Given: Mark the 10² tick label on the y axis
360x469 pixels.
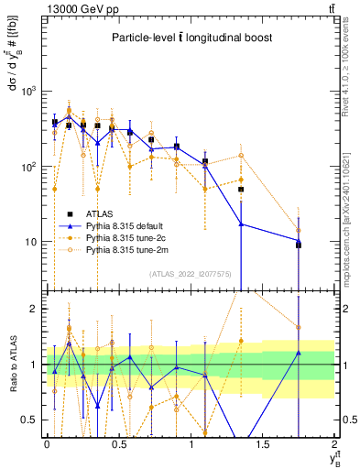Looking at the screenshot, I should coord(29,167).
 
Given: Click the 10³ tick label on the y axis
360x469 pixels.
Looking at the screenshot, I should coord(29,92).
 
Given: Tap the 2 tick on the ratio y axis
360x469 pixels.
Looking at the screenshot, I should coord(34,309).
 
